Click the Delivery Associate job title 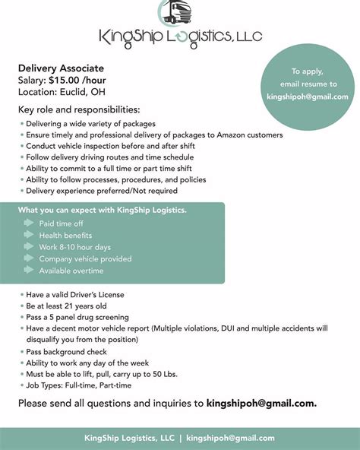pyautogui.click(x=61, y=68)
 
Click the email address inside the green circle pyautogui.click(x=308, y=97)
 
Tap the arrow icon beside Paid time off pyautogui.click(x=29, y=224)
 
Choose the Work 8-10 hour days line pyautogui.click(x=74, y=247)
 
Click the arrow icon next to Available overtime pyautogui.click(x=29, y=271)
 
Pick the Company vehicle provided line pyautogui.click(x=85, y=258)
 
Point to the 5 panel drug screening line pyautogui.click(x=77, y=317)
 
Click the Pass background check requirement pyautogui.click(x=66, y=352)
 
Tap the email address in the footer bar pyautogui.click(x=230, y=438)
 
